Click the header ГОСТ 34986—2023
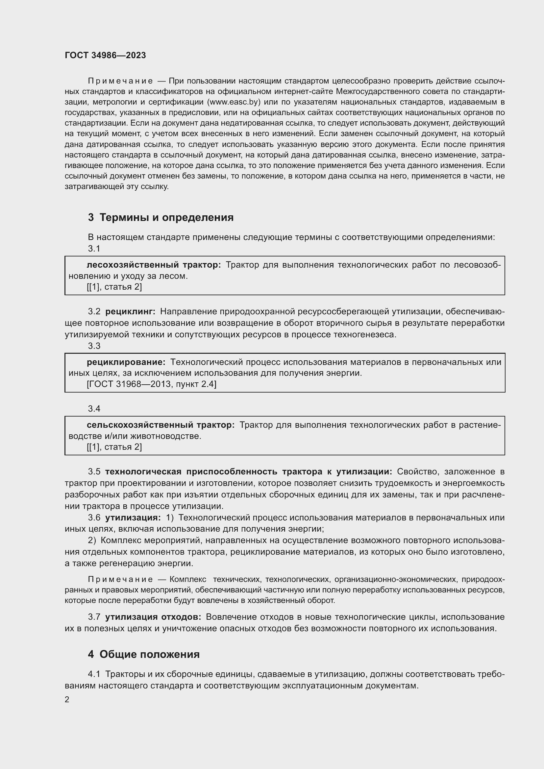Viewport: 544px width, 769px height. coord(105,56)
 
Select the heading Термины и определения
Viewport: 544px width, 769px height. coord(166,217)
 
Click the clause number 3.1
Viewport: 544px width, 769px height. coord(94,249)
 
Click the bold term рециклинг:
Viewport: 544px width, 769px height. coord(130,311)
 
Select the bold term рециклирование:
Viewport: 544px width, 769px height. coord(126,362)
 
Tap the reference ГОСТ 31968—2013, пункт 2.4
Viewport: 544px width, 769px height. coord(151,384)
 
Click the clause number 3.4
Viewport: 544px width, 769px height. coord(94,409)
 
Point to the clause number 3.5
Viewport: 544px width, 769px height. coord(94,471)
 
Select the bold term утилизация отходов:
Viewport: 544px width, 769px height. coord(153,617)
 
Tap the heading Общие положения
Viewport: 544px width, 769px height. coord(149,654)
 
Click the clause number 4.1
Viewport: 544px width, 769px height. coord(94,674)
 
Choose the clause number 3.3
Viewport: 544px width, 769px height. coord(94,346)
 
